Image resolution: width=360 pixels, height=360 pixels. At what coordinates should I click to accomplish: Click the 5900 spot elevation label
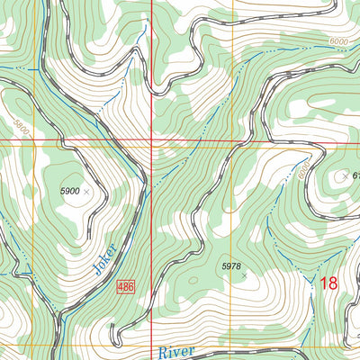coord(69,192)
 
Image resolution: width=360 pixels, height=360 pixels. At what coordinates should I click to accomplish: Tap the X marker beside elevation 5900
coord(86,192)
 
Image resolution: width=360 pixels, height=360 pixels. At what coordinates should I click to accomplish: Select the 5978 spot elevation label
coord(231,265)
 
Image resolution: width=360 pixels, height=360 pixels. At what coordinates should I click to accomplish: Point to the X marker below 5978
coord(244,275)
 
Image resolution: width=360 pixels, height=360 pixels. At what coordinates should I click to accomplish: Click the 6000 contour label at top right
coord(337,42)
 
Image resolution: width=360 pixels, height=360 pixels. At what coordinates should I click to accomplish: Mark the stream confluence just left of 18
coord(311,285)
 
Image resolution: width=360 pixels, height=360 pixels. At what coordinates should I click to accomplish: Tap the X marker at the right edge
coord(343,176)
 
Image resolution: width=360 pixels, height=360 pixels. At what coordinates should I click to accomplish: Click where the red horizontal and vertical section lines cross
coord(150,141)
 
